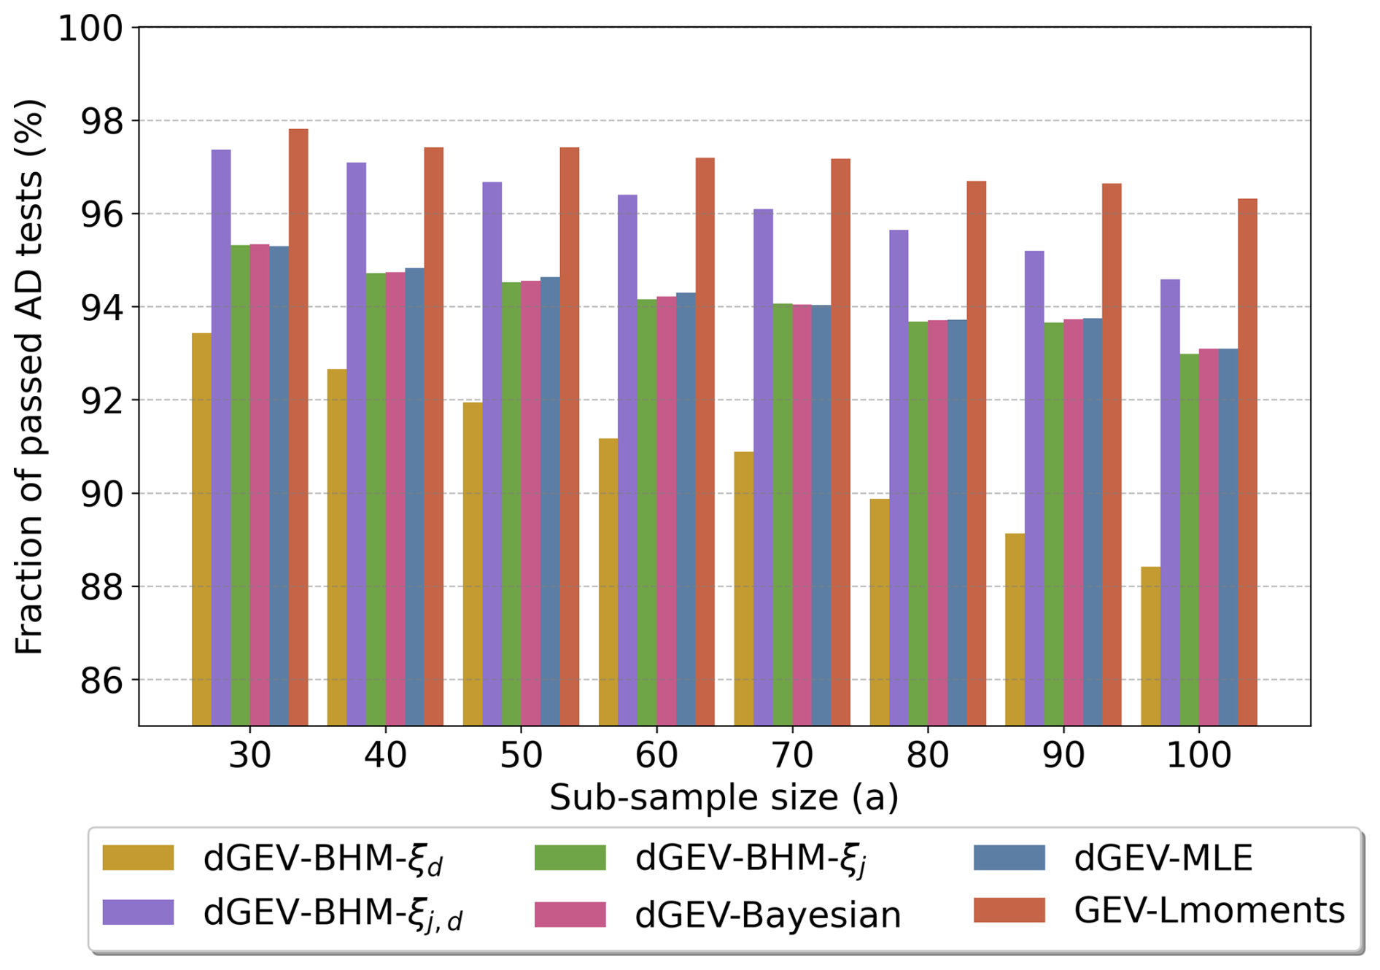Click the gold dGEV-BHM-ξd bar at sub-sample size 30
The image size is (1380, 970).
point(201,529)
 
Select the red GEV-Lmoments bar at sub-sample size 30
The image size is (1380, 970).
point(298,427)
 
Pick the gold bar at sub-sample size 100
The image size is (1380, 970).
point(1150,645)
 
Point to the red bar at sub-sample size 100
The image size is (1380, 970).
point(1247,462)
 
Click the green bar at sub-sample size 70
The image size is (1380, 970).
point(783,514)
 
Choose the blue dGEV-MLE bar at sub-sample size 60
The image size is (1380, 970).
point(686,509)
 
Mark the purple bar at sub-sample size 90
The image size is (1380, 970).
point(1034,488)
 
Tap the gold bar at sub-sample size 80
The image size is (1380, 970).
point(880,612)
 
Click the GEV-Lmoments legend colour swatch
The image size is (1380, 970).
point(1009,910)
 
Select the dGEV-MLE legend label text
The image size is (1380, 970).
point(1163,858)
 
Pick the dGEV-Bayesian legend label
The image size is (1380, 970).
point(767,915)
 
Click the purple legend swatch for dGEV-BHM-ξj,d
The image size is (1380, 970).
point(138,912)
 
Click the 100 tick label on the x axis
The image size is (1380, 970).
point(1198,756)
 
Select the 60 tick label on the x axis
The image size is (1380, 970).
point(656,756)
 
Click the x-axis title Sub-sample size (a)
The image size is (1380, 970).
point(724,798)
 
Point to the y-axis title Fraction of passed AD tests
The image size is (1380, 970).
point(31,376)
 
